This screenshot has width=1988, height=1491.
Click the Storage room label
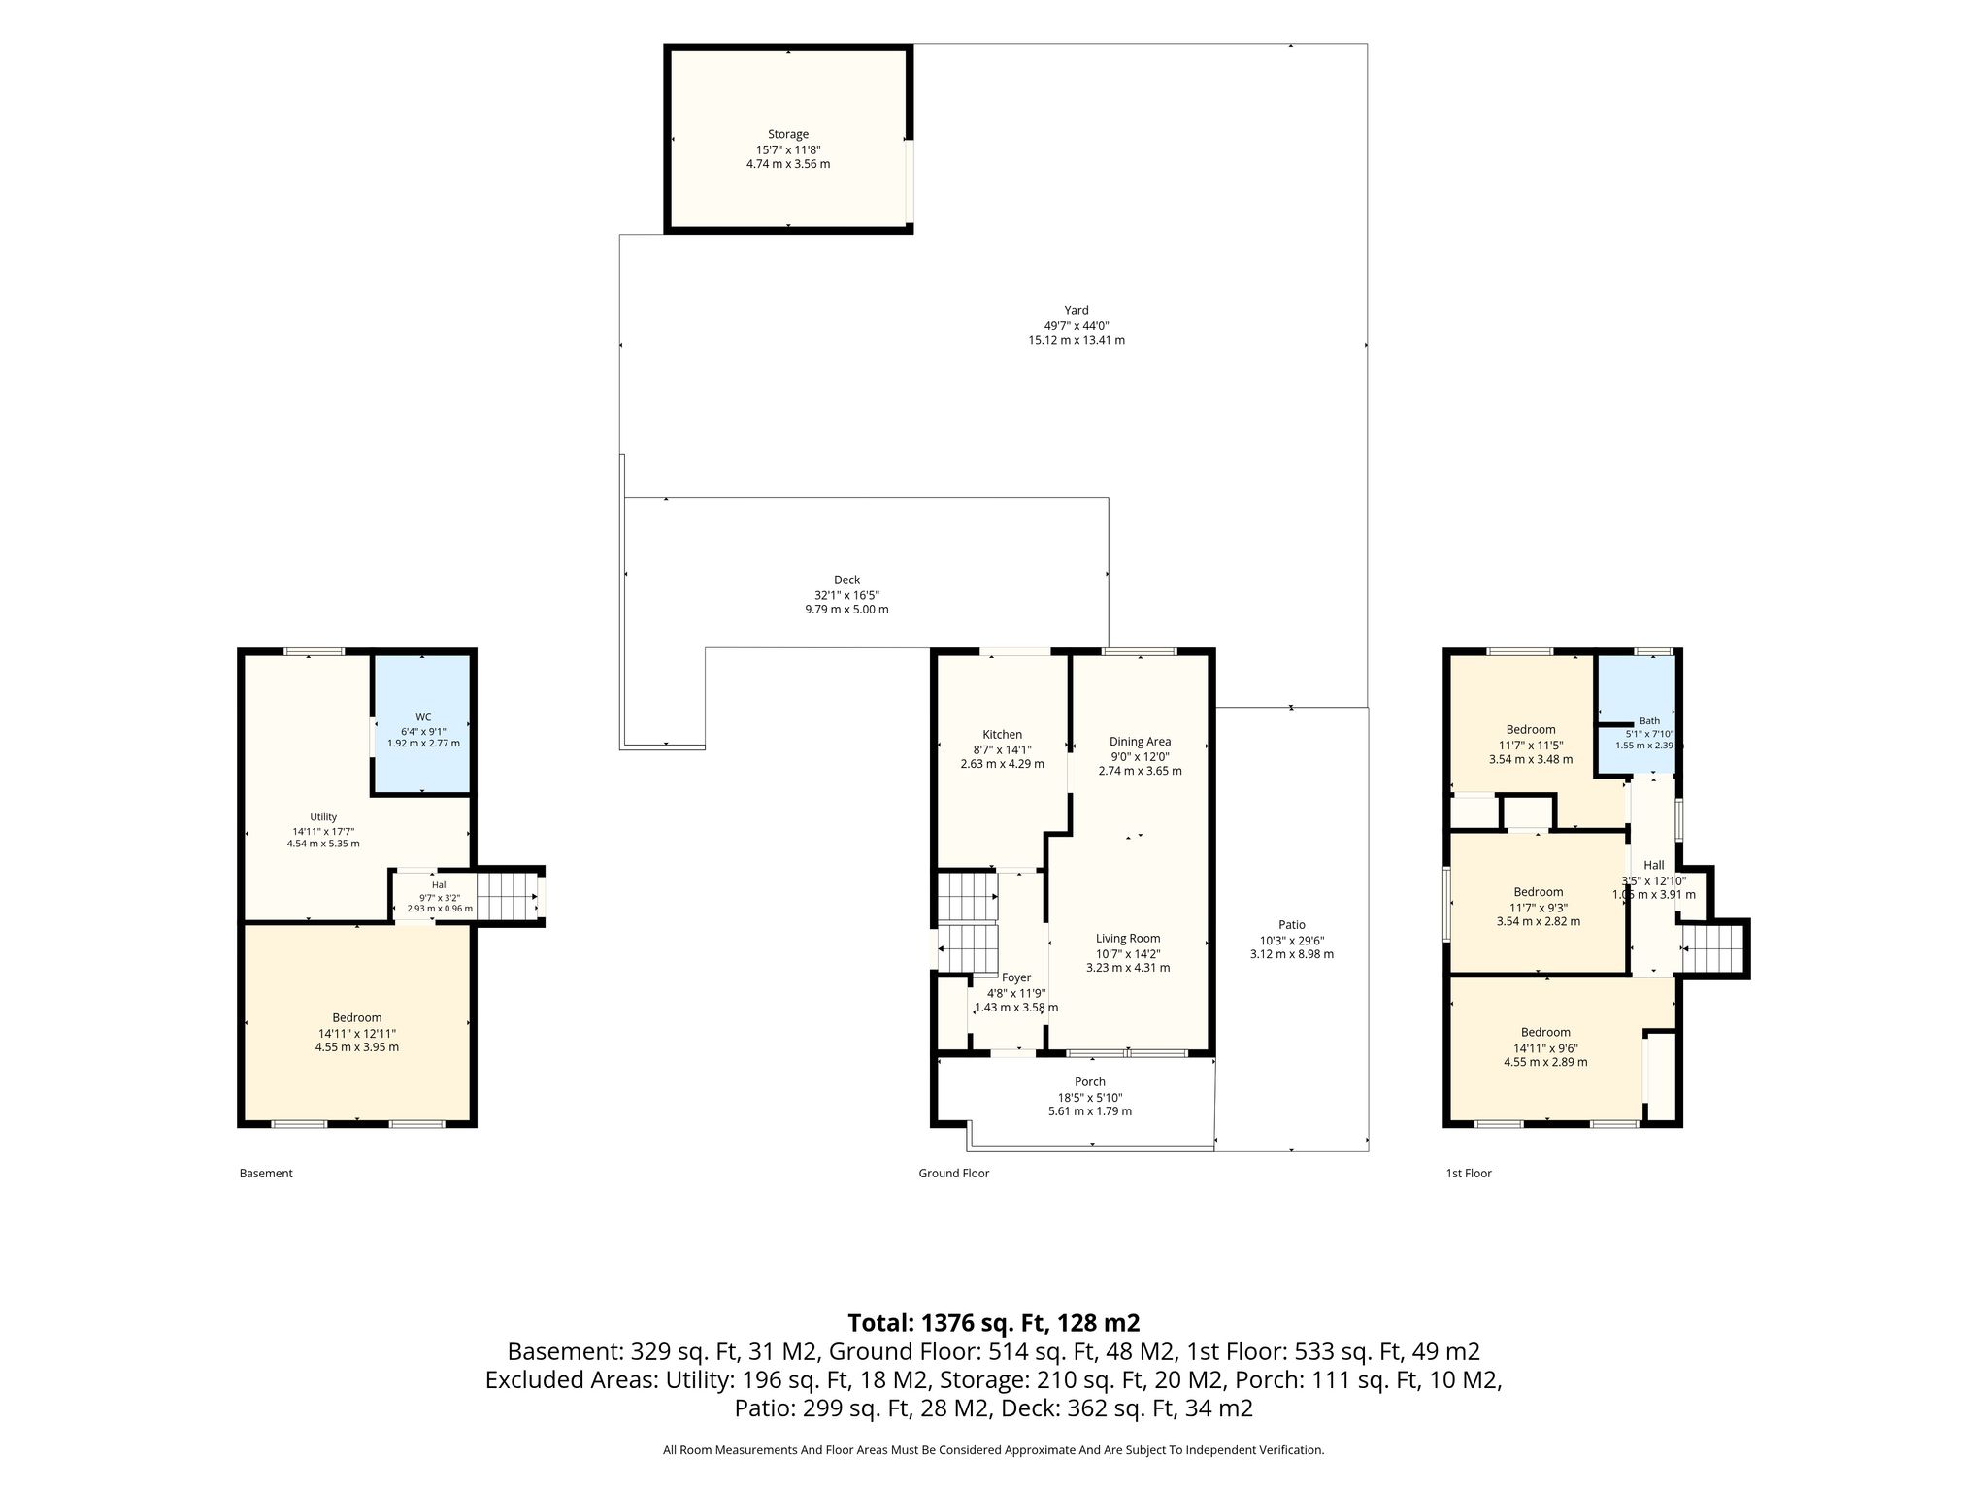pyautogui.click(x=788, y=134)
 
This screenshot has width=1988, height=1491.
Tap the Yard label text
pyautogui.click(x=1077, y=311)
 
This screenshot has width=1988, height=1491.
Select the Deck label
pyautogui.click(x=846, y=580)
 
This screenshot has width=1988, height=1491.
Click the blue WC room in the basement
pyautogui.click(x=422, y=724)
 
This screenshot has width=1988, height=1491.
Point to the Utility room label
pyautogui.click(x=323, y=817)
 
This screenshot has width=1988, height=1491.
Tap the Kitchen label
pyautogui.click(x=1003, y=735)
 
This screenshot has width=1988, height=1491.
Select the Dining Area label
pyautogui.click(x=1141, y=742)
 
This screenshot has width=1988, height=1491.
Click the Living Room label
pyautogui.click(x=1128, y=939)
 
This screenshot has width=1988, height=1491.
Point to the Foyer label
pyautogui.click(x=1016, y=977)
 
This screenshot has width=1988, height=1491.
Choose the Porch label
pyautogui.click(x=1090, y=1081)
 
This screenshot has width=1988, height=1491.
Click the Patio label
pyautogui.click(x=1292, y=925)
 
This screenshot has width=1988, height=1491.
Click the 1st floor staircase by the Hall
pyautogui.click(x=1713, y=947)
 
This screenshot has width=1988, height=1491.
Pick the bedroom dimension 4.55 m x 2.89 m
pyautogui.click(x=1545, y=1062)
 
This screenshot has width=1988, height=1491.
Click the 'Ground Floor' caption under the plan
pyautogui.click(x=954, y=1174)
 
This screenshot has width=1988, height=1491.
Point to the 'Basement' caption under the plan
pyautogui.click(x=266, y=1174)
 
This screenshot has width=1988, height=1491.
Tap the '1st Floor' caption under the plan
pyautogui.click(x=1469, y=1174)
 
